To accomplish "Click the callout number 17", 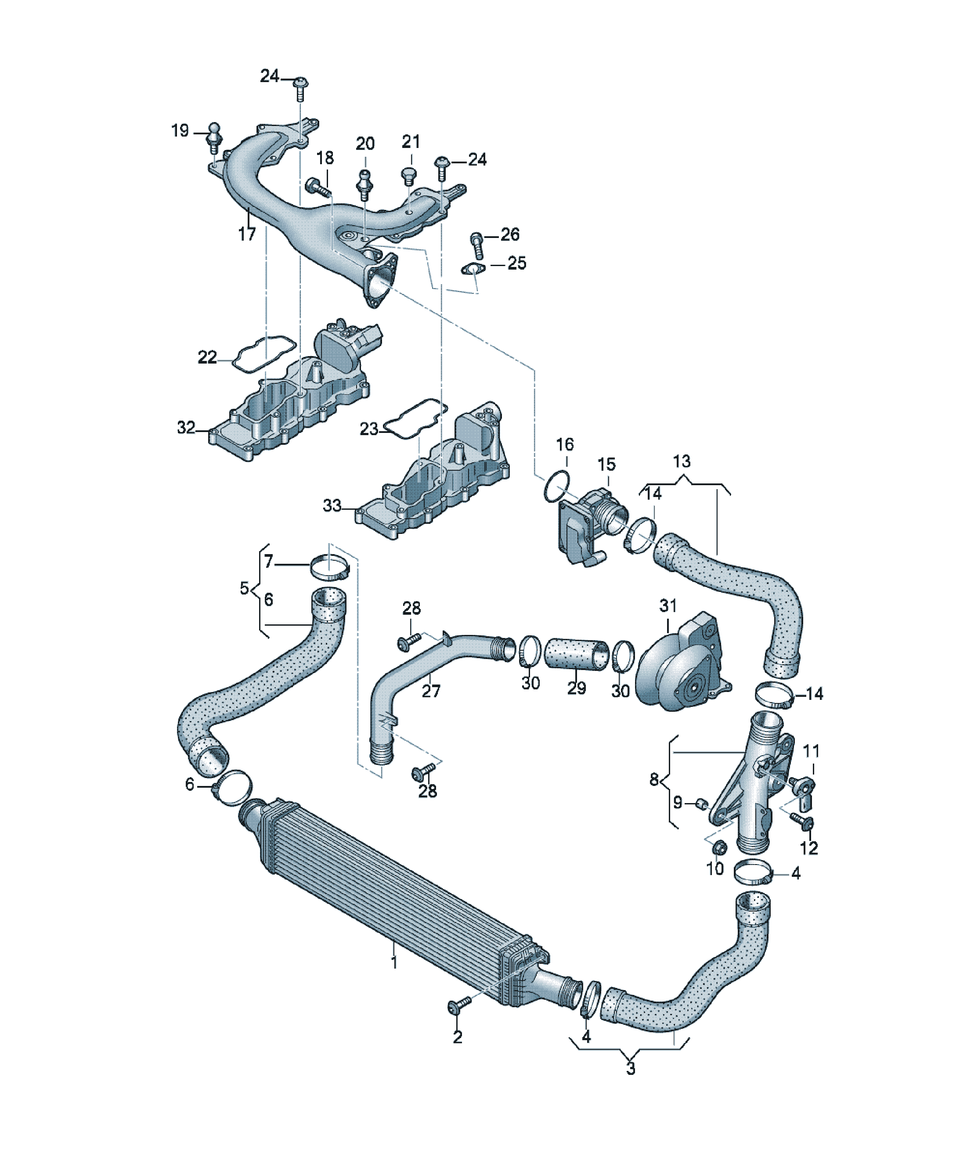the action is [247, 234].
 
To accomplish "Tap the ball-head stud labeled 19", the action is [214, 138].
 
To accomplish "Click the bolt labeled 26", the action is [476, 245].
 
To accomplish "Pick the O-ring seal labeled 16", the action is [557, 487].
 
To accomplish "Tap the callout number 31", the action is [668, 605].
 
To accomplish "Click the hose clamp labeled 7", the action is [330, 569].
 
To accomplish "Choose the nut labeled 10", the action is [718, 847].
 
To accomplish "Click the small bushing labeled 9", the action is [701, 803].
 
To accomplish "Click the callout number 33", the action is [332, 505].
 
